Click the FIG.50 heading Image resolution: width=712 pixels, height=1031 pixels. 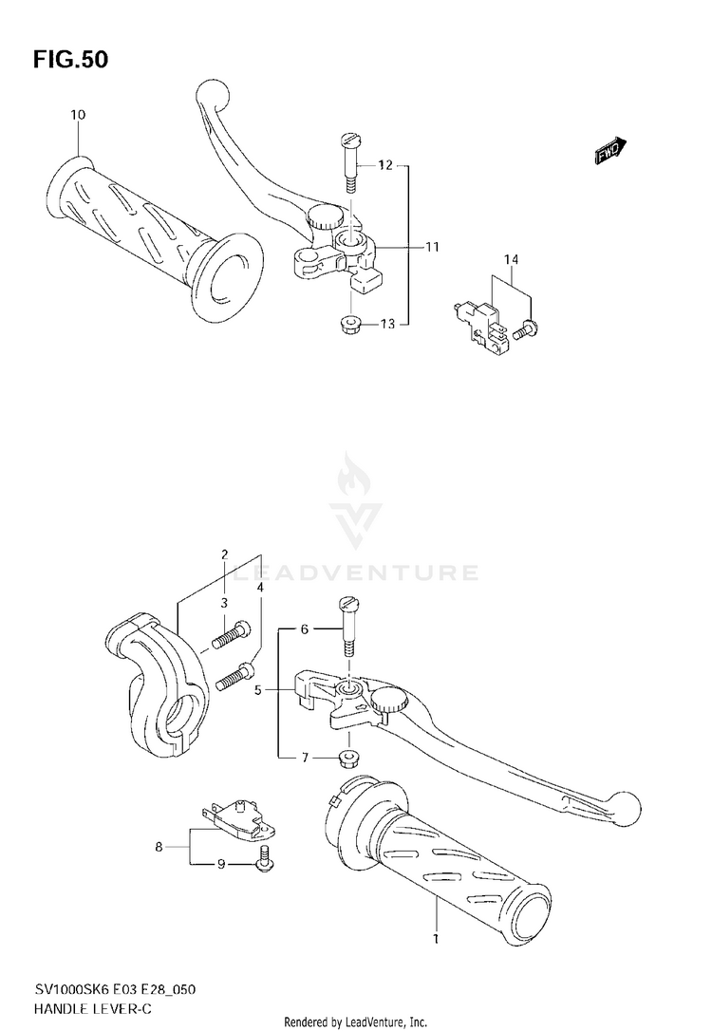[x=71, y=60]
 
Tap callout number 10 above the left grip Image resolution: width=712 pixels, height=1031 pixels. [x=78, y=115]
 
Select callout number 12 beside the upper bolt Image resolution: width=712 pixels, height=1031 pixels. [x=384, y=165]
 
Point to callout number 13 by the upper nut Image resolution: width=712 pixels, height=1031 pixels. [x=386, y=325]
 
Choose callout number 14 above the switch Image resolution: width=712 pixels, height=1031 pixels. [x=512, y=259]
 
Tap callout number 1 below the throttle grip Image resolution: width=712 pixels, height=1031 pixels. [x=436, y=939]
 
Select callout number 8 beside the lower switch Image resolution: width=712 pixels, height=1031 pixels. [x=159, y=844]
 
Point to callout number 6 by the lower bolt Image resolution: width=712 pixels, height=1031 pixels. [x=305, y=628]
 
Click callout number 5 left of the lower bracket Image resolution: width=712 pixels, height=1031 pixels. [x=257, y=691]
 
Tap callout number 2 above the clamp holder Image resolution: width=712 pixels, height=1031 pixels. [x=225, y=554]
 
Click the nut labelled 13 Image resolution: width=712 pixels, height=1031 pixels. [x=348, y=325]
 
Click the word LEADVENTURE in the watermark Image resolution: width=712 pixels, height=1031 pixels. [x=356, y=572]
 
